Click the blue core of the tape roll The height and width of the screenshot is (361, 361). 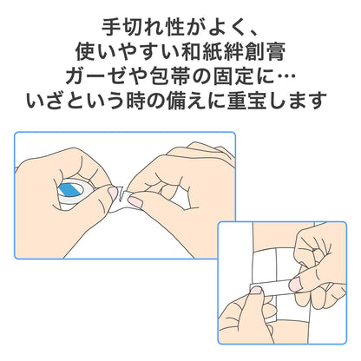point(68,190)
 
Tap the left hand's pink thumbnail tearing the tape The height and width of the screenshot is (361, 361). point(113,193)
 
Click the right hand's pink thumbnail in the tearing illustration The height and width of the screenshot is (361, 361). point(136,201)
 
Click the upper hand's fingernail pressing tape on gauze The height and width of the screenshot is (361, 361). point(295,286)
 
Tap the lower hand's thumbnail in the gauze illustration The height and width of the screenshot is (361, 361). point(256,290)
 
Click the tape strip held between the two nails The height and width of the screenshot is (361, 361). point(275,287)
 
